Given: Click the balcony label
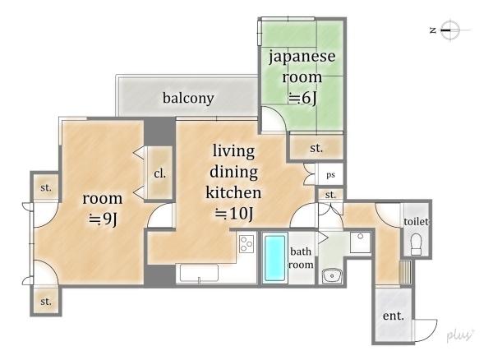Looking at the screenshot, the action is [188, 98].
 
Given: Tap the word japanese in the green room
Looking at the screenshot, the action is [302, 57].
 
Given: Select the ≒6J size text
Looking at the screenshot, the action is [302, 98].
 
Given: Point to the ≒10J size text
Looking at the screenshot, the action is [234, 214].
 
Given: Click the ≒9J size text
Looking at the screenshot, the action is [103, 219].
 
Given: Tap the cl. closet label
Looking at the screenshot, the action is [159, 173].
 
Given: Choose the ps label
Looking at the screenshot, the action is [330, 175].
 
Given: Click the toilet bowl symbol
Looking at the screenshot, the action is [416, 244].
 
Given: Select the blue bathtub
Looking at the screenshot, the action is [275, 258].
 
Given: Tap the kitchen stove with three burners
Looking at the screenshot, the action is [246, 244].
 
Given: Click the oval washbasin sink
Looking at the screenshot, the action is [332, 275].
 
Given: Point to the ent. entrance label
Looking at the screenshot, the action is [393, 316].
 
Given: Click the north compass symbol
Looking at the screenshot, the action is [450, 30].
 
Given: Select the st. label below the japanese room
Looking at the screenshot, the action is [316, 148].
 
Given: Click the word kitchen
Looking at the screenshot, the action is [233, 192].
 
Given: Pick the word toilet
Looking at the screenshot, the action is [416, 222].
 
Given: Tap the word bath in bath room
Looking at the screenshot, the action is [301, 252].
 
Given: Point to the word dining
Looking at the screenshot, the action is [233, 173].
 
